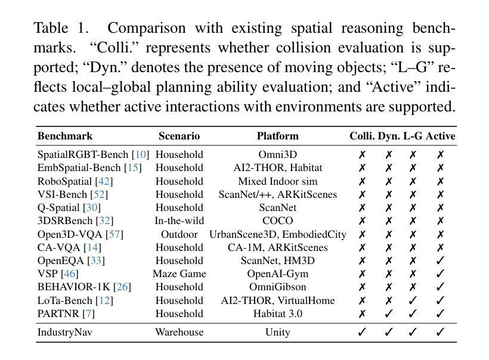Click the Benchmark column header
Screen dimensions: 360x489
[65, 136]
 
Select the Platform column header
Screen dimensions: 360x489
[277, 136]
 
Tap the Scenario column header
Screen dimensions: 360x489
[179, 136]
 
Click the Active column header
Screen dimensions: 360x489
[441, 136]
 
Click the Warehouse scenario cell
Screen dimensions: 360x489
[179, 332]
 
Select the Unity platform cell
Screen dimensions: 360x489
[277, 332]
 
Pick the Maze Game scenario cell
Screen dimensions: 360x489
[179, 274]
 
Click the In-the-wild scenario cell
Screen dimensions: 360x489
[179, 221]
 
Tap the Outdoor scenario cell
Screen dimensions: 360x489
[179, 234]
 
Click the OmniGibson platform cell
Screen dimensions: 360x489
[277, 287]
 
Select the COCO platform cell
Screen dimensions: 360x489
[277, 221]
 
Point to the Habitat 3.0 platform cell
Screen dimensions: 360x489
[277, 314]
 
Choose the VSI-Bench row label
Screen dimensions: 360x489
[63, 194]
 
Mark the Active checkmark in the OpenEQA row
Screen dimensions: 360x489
[441, 260]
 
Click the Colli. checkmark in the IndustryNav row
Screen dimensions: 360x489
[361, 332]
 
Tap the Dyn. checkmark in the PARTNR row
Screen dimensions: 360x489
[389, 314]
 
